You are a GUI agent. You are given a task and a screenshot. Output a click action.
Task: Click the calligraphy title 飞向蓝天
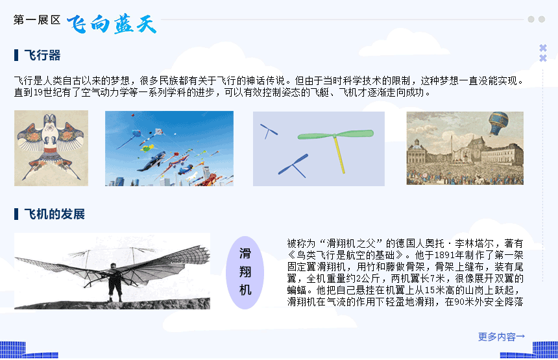tap(112, 24)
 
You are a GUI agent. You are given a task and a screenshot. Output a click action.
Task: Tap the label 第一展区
tap(37, 20)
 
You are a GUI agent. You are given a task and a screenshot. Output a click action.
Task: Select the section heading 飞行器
tap(42, 56)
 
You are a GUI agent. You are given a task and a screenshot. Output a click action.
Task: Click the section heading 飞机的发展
tap(55, 214)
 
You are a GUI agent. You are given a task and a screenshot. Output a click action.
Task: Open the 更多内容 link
tap(502, 337)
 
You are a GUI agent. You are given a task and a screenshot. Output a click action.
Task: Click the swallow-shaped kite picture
tap(51, 148)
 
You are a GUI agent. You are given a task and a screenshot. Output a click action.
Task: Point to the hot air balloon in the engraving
tap(498, 123)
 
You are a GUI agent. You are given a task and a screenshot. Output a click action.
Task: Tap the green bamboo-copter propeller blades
tap(335, 134)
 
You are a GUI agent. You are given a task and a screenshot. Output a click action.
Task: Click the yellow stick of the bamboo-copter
tap(339, 155)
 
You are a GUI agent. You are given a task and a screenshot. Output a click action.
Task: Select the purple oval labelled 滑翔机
tap(245, 272)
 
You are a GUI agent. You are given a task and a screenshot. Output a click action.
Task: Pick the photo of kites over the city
tap(169, 149)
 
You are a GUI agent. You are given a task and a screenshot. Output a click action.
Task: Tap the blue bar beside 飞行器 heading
tap(16, 56)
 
